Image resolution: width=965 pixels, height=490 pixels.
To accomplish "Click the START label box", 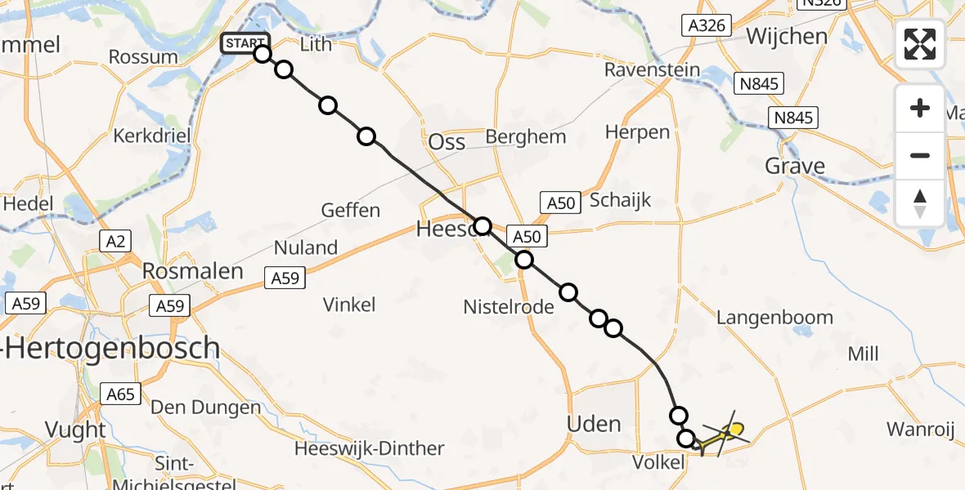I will [245, 43].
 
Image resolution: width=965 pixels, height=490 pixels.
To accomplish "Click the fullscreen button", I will [920, 44].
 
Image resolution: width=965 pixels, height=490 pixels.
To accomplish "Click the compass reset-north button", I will [920, 203].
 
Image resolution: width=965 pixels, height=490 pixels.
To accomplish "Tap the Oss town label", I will [447, 142].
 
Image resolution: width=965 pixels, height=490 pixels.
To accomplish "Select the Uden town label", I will [595, 424].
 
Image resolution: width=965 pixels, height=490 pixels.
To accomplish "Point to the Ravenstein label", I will [653, 70].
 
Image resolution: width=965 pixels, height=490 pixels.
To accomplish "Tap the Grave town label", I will [794, 167].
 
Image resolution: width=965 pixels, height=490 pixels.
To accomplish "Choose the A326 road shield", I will [707, 25].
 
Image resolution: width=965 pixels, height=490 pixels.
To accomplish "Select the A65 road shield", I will [119, 394].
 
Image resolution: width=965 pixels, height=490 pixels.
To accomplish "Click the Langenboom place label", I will [774, 318].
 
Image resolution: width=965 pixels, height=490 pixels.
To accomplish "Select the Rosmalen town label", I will [193, 272].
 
